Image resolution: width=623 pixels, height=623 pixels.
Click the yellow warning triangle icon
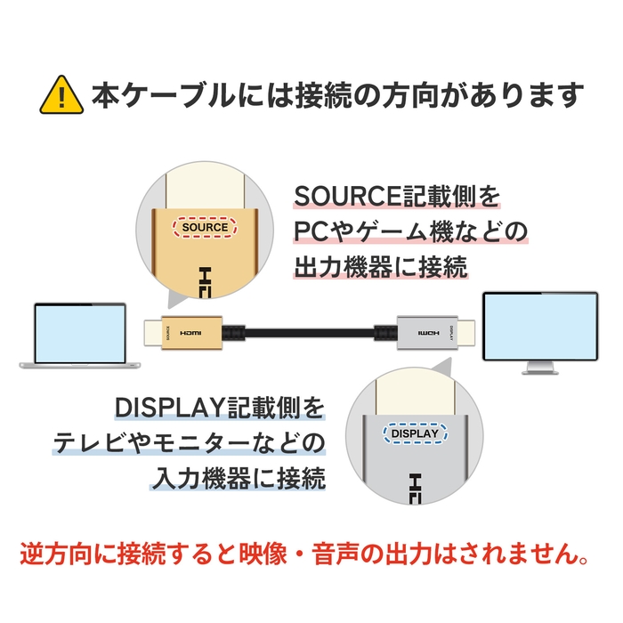[61, 94]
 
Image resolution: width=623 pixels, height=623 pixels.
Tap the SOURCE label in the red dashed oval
[205, 227]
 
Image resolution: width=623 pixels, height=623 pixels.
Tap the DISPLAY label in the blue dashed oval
[415, 433]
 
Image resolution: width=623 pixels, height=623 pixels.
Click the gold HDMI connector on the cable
[182, 332]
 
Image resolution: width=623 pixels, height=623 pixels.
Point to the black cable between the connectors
[303, 333]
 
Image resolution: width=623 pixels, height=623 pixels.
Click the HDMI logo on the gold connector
[190, 333]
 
